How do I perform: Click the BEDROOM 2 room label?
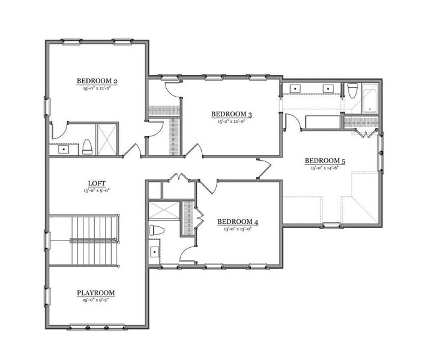coord(96,80)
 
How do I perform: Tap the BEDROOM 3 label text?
coord(231,115)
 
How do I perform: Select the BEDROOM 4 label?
coord(238,222)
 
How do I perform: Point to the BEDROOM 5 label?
coord(325,160)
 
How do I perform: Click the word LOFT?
coord(96,184)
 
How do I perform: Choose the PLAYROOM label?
coord(95,293)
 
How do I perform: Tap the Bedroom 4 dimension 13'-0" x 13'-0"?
coord(238,229)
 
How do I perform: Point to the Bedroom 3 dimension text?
coord(231,121)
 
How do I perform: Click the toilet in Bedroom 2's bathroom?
coord(87,147)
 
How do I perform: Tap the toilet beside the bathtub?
coord(352,91)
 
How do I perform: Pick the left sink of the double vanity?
coord(295,89)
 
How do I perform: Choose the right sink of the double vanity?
coord(328,89)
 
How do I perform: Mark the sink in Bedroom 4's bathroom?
coord(155,253)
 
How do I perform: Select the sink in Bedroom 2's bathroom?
coord(62,149)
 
